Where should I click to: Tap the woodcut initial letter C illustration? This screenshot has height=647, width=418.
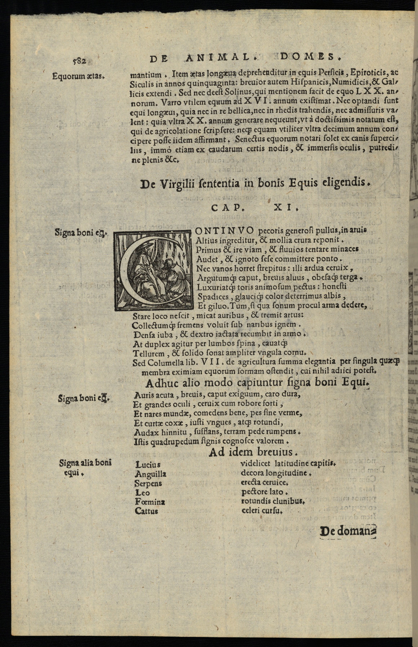pyautogui.click(x=153, y=270)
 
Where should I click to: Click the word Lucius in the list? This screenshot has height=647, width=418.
pyautogui.click(x=148, y=465)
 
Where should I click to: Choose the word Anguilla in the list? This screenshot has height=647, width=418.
pyautogui.click(x=150, y=474)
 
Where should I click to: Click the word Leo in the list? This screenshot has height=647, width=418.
pyautogui.click(x=142, y=492)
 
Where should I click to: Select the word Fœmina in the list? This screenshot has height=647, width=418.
pyautogui.click(x=150, y=502)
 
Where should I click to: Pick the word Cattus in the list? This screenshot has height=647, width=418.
pyautogui.click(x=146, y=511)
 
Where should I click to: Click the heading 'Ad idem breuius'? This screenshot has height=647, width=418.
pyautogui.click(x=253, y=452)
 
